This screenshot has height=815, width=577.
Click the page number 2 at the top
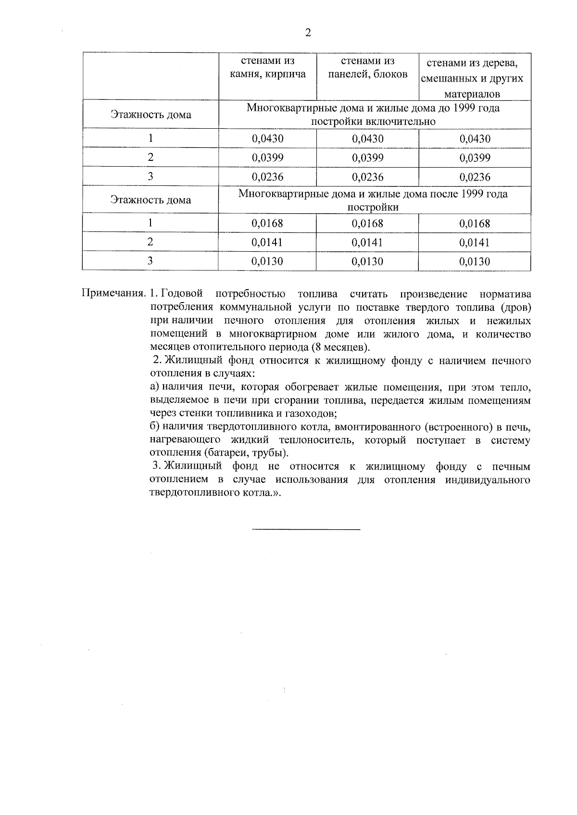(x=308, y=33)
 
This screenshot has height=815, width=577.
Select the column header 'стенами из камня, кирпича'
(x=267, y=68)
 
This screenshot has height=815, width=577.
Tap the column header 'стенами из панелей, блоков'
(x=367, y=68)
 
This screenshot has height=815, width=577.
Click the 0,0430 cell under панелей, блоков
(x=367, y=139)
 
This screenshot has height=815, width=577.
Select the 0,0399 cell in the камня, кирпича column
(x=267, y=158)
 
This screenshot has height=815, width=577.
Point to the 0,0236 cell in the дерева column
(x=475, y=177)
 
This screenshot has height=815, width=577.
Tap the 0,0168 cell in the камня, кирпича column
(x=267, y=223)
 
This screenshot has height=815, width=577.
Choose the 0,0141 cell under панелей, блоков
(x=367, y=243)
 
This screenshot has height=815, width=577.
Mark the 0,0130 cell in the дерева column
(x=475, y=262)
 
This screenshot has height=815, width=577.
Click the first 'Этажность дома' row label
(x=151, y=115)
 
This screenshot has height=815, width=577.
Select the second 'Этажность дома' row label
(x=151, y=200)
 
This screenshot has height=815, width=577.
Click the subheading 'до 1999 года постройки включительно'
(x=373, y=115)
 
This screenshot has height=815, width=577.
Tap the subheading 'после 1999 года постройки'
(x=373, y=200)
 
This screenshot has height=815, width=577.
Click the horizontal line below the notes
(x=306, y=530)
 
